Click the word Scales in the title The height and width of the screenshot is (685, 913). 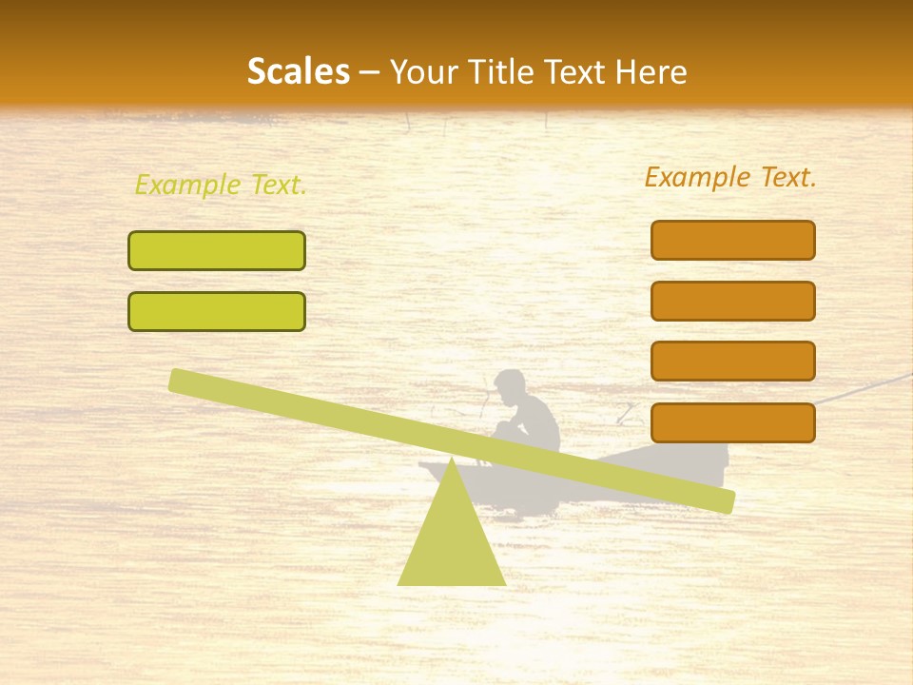(298, 71)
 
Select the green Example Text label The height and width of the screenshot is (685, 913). (221, 186)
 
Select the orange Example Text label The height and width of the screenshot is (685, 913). (730, 177)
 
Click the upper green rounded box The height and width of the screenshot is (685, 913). (217, 251)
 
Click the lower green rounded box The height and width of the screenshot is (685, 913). (217, 311)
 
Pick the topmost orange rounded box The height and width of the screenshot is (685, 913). (732, 240)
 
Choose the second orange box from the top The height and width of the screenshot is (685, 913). (732, 301)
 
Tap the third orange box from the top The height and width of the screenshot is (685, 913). (732, 361)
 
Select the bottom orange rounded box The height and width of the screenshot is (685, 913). (732, 422)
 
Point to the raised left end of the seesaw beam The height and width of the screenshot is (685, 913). (181, 381)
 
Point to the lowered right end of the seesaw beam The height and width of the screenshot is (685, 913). (723, 499)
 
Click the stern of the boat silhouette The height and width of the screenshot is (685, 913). (713, 460)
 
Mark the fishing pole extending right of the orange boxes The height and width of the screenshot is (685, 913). (865, 388)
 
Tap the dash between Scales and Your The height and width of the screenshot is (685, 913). (369, 72)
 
